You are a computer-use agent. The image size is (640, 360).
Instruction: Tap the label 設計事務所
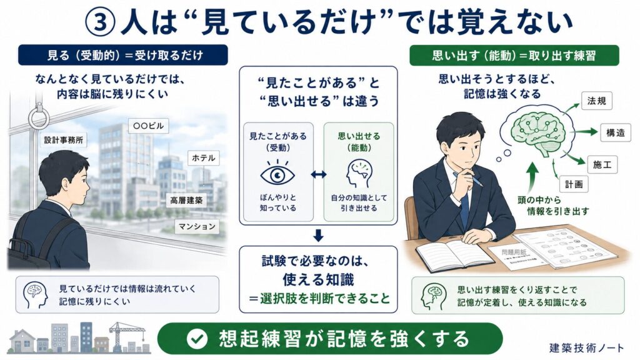64,140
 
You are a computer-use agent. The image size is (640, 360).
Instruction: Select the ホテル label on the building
203,158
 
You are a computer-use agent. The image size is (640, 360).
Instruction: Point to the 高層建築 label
186,201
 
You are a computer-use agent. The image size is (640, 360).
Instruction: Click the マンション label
197,226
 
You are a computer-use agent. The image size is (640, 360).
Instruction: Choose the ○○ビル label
149,126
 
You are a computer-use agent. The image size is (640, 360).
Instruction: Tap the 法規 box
597,101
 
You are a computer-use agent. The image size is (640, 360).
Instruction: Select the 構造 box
616,132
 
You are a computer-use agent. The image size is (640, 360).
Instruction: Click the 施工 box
602,164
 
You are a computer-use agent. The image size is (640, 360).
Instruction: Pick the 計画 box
574,184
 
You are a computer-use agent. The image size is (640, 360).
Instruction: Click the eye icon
277,174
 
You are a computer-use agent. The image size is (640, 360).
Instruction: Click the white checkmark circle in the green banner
197,339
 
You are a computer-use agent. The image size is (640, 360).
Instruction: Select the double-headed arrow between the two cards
318,175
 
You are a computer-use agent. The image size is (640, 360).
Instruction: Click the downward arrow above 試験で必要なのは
318,236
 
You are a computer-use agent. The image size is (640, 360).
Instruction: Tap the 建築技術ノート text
586,347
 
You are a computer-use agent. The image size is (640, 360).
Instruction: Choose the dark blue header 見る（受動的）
123,55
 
